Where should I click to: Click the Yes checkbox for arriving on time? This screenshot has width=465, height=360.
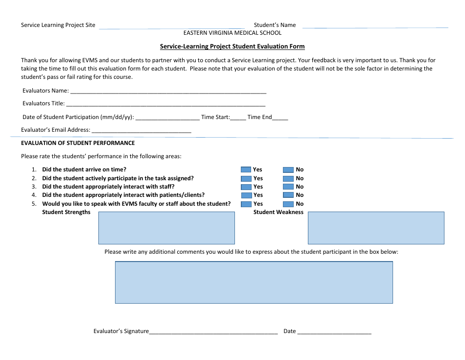click(x=246, y=169)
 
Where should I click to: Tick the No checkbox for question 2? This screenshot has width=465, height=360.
click(x=288, y=178)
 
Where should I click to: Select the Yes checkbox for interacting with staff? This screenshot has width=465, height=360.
click(x=246, y=187)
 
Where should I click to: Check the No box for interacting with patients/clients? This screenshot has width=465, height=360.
click(x=288, y=195)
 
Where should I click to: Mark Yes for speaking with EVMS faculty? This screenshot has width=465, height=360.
click(x=246, y=204)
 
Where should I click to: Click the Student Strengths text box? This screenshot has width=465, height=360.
click(x=166, y=228)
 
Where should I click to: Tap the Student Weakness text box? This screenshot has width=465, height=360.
click(x=376, y=228)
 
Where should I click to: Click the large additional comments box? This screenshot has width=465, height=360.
click(x=254, y=282)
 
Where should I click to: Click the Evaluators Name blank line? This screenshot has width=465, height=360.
click(x=168, y=91)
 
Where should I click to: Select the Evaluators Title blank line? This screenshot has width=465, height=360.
click(x=165, y=104)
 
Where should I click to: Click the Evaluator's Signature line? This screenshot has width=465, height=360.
click(x=213, y=332)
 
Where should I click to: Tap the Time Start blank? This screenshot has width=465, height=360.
click(x=238, y=118)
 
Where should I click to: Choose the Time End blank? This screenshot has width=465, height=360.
click(x=280, y=118)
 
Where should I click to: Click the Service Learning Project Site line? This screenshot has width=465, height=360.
click(x=171, y=26)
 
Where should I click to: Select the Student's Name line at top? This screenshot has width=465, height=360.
click(x=374, y=26)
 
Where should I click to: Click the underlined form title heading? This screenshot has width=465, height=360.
click(x=232, y=47)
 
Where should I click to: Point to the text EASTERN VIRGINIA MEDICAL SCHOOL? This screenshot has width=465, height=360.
click(x=232, y=33)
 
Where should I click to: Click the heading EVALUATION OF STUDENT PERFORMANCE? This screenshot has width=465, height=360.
click(x=78, y=143)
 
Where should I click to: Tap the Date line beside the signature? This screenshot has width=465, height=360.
click(x=334, y=332)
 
